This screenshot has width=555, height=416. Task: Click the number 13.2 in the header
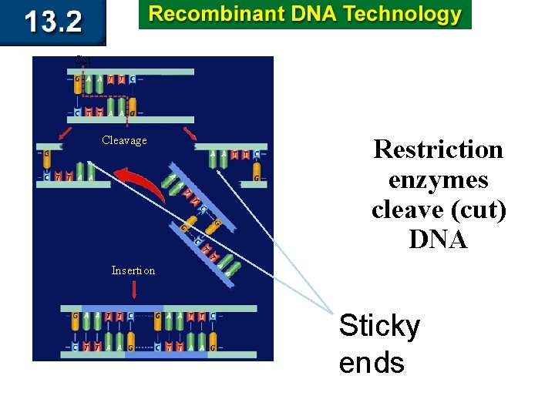pyautogui.click(x=52, y=22)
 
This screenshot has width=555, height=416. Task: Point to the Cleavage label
pyautogui.click(x=124, y=140)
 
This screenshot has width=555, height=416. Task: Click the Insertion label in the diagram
pyautogui.click(x=133, y=270)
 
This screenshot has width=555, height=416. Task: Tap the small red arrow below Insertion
pyautogui.click(x=135, y=290)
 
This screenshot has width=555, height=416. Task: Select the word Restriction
pyautogui.click(x=438, y=149)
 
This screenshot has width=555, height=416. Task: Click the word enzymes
pyautogui.click(x=438, y=179)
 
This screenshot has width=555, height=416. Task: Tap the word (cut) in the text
pyautogui.click(x=481, y=210)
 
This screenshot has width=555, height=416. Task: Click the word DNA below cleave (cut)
pyautogui.click(x=438, y=240)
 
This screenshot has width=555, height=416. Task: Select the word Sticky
pyautogui.click(x=379, y=327)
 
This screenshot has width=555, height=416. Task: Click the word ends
pyautogui.click(x=372, y=361)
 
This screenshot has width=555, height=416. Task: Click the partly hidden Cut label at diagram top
pyautogui.click(x=82, y=60)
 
